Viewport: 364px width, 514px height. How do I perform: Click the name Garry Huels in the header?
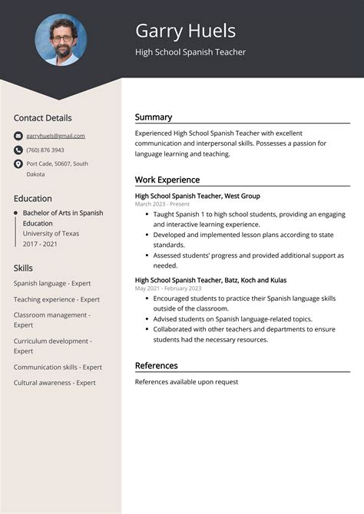tap(185, 31)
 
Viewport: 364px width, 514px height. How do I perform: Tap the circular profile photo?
tap(61, 39)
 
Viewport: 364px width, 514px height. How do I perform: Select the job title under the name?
tap(190, 52)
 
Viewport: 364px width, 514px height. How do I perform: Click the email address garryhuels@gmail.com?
tap(55, 136)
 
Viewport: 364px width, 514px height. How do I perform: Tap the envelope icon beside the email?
tap(18, 136)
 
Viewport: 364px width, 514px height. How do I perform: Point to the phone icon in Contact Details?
tap(18, 150)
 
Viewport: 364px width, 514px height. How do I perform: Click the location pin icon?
tap(18, 163)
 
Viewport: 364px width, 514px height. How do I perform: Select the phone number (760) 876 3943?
tap(45, 150)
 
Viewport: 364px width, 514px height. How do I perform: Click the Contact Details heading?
tap(42, 118)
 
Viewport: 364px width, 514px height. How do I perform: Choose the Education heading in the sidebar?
tap(33, 198)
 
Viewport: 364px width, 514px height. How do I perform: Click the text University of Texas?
tap(51, 233)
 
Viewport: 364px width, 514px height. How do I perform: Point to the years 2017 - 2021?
tap(40, 243)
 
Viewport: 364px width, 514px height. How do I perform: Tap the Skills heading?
tap(23, 268)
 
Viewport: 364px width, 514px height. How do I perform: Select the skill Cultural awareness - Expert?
tap(55, 382)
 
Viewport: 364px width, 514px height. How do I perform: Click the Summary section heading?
tap(154, 117)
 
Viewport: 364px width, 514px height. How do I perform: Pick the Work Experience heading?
tap(167, 180)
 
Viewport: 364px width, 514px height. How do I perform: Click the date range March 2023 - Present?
tap(162, 204)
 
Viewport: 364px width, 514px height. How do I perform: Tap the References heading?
tap(157, 366)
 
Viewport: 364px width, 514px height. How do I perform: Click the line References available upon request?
tap(187, 382)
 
